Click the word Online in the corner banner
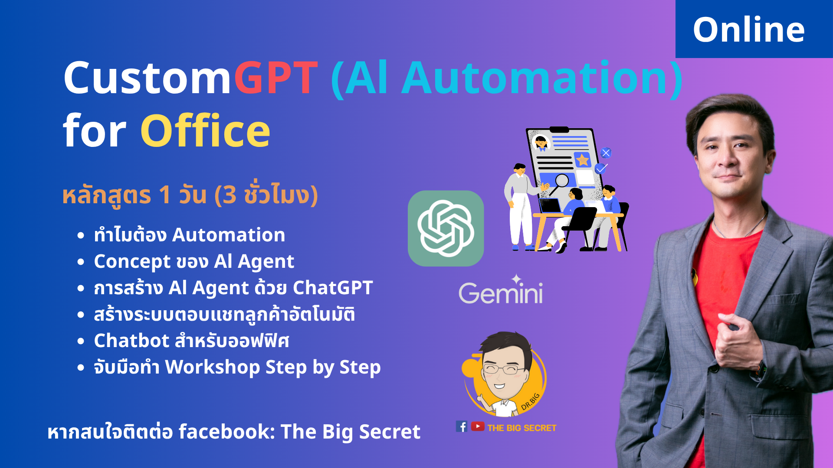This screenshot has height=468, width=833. coord(749,29)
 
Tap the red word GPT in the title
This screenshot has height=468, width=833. coord(276,78)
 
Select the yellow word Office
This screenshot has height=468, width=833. coord(205,131)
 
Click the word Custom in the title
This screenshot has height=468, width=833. coord(148,78)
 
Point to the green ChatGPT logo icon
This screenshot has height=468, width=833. coord(446,228)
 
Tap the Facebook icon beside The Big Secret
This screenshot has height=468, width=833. coord(462,427)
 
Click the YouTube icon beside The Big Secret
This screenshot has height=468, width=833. coord(478,427)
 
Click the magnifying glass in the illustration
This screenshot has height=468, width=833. coord(561,181)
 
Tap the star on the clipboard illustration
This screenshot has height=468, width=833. coord(582,160)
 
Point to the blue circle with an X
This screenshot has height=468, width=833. coord(606,153)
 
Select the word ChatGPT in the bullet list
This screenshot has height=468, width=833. coord(333,287)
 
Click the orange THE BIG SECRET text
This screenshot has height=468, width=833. coord(521,428)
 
